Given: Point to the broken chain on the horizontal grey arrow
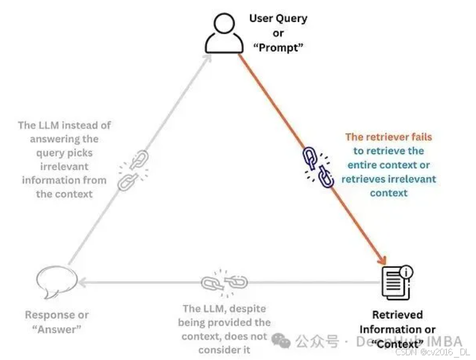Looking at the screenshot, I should (x=224, y=282).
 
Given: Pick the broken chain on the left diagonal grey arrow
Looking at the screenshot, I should (x=132, y=171).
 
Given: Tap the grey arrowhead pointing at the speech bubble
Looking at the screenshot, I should (x=85, y=282).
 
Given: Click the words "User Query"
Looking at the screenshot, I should (x=278, y=19).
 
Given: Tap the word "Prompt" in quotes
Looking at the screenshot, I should (x=277, y=47).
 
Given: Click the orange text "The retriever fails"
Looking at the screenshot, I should (x=388, y=137).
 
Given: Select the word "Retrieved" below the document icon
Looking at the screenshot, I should (x=397, y=314).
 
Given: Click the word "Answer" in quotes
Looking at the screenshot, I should (x=56, y=329).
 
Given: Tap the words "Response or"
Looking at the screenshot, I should (x=56, y=314).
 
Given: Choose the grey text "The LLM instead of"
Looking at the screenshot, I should (x=65, y=125).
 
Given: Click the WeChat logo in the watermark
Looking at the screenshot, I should (x=281, y=341).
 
